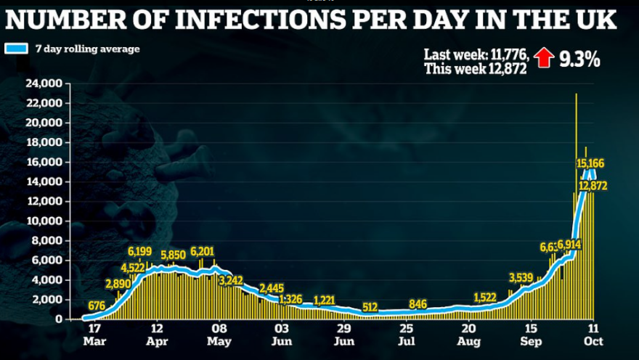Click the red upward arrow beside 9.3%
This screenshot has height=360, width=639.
542,58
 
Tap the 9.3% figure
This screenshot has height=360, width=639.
578,59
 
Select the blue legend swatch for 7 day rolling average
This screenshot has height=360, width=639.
15,49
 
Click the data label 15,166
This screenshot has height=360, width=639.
590,163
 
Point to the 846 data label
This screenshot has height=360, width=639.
418,303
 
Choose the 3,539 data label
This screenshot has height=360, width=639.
521,277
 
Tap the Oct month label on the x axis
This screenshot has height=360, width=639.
595,340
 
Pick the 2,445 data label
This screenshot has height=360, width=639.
274,287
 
